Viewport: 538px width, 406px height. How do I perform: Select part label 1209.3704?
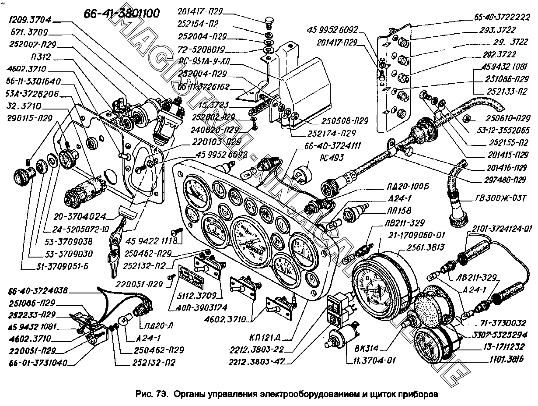pyautogui.click(x=29, y=19)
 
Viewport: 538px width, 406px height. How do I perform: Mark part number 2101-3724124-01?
pyautogui.click(x=503, y=228)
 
